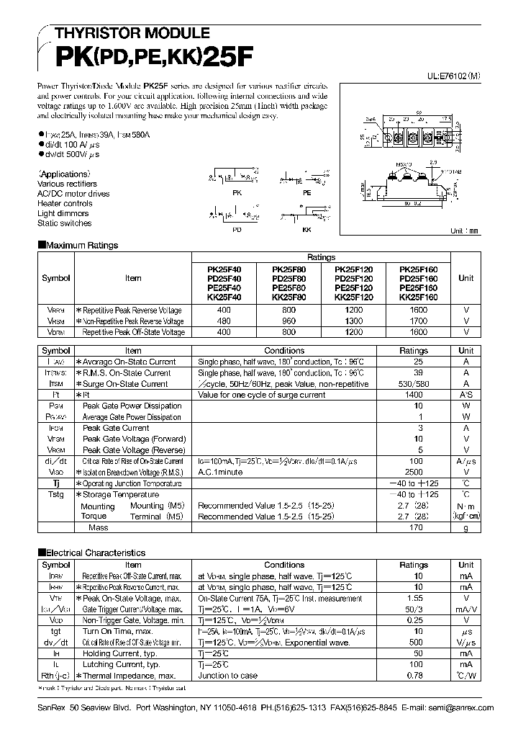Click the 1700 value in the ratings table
(x=423, y=321)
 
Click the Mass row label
(x=99, y=527)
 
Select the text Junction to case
(x=228, y=675)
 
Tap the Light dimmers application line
(x=63, y=213)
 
